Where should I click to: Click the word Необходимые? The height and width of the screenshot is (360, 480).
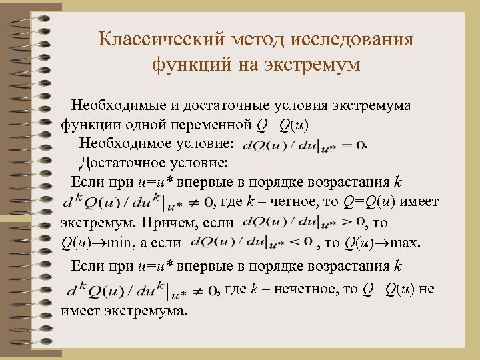coord(117,105)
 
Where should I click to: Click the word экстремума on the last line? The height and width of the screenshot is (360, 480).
coord(155,311)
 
